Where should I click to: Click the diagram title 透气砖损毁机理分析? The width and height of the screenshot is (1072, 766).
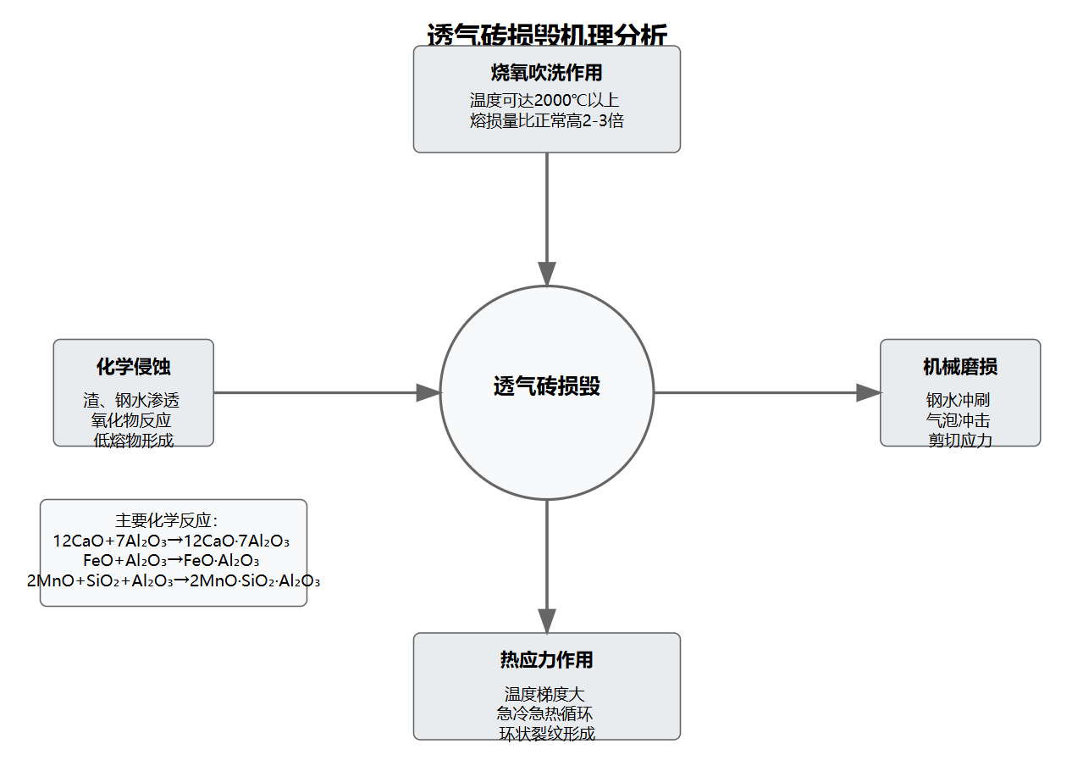(x=547, y=34)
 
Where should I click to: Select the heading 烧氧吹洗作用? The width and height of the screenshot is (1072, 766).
(x=547, y=73)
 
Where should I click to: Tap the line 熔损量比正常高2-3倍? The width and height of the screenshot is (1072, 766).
(x=547, y=120)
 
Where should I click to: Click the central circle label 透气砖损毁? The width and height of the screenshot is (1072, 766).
(x=547, y=386)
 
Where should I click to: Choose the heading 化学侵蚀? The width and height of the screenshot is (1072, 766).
(x=133, y=367)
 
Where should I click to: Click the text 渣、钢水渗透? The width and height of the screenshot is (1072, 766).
(x=131, y=400)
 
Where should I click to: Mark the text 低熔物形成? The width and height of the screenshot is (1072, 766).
(x=133, y=440)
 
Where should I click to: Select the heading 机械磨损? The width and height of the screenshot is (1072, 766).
(x=960, y=367)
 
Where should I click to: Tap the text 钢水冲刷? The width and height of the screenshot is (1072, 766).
(x=959, y=400)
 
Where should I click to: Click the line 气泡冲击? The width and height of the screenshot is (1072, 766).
(x=959, y=419)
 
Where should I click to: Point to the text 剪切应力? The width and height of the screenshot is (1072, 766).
(x=960, y=440)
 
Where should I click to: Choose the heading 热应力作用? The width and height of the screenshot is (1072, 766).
(x=547, y=660)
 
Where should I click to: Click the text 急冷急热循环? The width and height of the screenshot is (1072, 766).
(x=546, y=713)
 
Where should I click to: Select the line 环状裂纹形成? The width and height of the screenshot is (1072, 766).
(x=547, y=733)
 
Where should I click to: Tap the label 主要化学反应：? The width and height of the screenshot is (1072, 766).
(x=167, y=520)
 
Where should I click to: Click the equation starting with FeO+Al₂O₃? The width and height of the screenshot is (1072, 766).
(x=171, y=560)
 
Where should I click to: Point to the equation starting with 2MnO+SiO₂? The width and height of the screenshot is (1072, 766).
(x=174, y=580)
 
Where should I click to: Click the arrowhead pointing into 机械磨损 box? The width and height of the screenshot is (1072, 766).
(x=869, y=392)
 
